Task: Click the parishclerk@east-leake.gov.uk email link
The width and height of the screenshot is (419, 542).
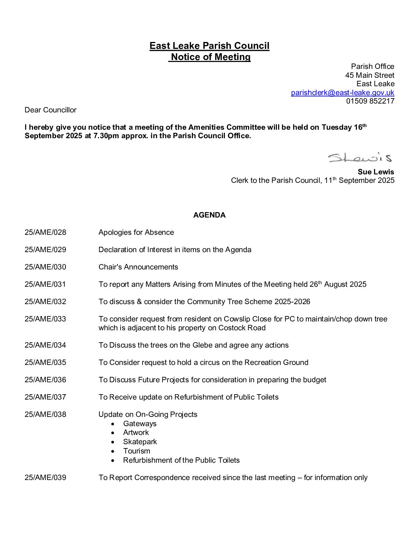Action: pos(342,92)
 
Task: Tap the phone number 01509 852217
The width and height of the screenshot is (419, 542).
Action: pos(370,101)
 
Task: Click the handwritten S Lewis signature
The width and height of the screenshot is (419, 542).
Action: pos(360,157)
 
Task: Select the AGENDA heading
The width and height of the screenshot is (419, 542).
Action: pos(209,215)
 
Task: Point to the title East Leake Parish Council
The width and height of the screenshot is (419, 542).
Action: pos(209,46)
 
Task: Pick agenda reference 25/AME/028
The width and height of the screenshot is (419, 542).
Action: pos(45,233)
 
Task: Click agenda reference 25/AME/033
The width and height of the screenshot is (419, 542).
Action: pos(45,319)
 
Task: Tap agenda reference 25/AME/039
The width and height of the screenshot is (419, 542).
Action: pos(45,478)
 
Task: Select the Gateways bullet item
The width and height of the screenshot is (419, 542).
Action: pos(140,424)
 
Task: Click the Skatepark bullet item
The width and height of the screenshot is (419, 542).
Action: pos(140,442)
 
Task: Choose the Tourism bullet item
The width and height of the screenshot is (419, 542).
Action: pos(136,451)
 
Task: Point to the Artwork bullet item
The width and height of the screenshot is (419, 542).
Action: pos(136,433)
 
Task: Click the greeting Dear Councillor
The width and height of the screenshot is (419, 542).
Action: pos(50,110)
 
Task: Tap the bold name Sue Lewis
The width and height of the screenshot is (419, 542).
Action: pos(375,172)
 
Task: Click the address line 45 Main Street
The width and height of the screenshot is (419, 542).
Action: pos(370,75)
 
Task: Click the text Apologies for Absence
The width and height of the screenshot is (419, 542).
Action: pos(136,233)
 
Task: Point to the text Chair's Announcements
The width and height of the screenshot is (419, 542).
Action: pos(138,267)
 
